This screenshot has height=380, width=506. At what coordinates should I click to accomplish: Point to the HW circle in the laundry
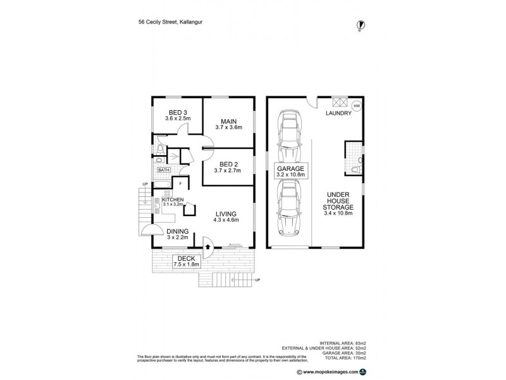tap(357, 106)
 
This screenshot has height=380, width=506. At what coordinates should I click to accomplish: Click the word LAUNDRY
tap(339, 114)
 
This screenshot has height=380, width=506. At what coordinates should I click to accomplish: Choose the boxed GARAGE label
tap(291, 169)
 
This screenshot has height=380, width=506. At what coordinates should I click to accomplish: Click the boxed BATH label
tap(164, 170)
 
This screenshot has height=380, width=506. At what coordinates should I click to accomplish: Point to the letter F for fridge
tap(180, 184)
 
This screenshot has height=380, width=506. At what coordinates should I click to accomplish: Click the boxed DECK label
tap(185, 259)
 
